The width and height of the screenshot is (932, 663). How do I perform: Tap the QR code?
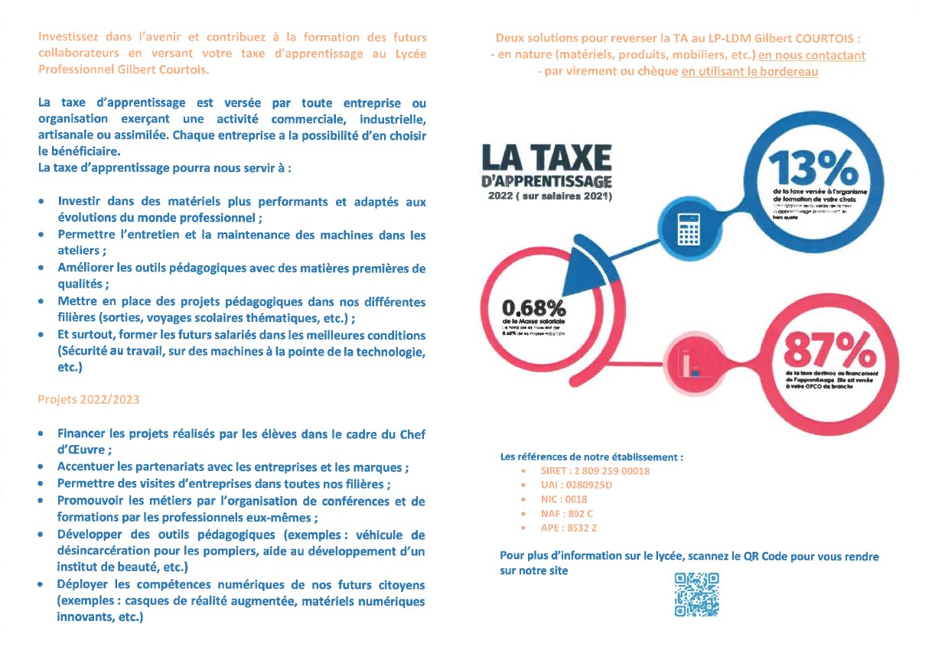[x=696, y=595]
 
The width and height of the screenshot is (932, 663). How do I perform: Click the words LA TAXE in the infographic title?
[x=547, y=158]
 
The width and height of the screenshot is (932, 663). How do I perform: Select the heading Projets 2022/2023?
[x=89, y=399]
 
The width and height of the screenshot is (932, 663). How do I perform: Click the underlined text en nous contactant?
[x=812, y=55]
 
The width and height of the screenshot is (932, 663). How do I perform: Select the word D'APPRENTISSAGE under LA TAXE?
[x=546, y=181]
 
